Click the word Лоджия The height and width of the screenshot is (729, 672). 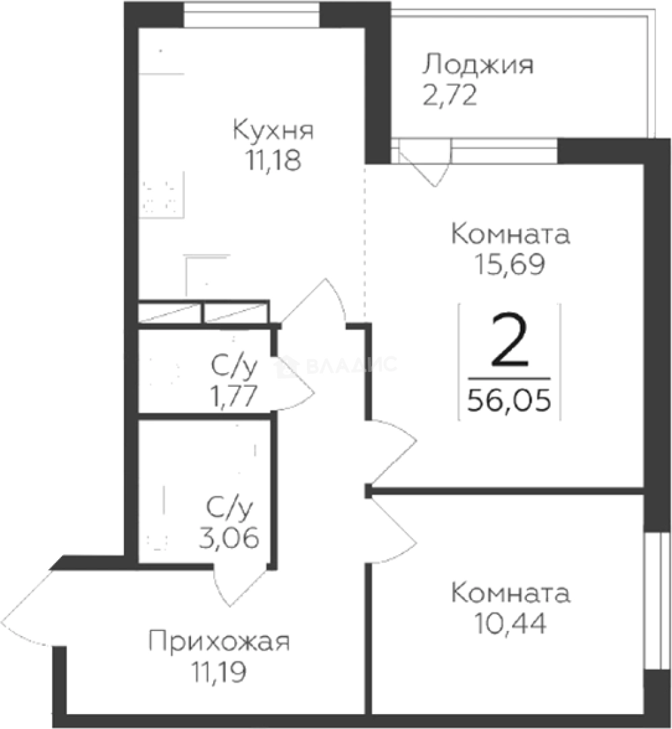click(478, 66)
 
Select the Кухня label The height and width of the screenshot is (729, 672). click(273, 130)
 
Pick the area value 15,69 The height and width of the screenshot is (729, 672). click(510, 265)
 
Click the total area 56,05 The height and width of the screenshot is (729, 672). click(509, 401)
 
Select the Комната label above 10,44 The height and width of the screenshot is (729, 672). click(510, 594)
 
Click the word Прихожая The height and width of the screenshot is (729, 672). click(219, 641)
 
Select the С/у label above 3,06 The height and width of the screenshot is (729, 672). click(229, 508)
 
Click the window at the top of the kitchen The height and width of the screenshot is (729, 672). click(252, 14)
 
